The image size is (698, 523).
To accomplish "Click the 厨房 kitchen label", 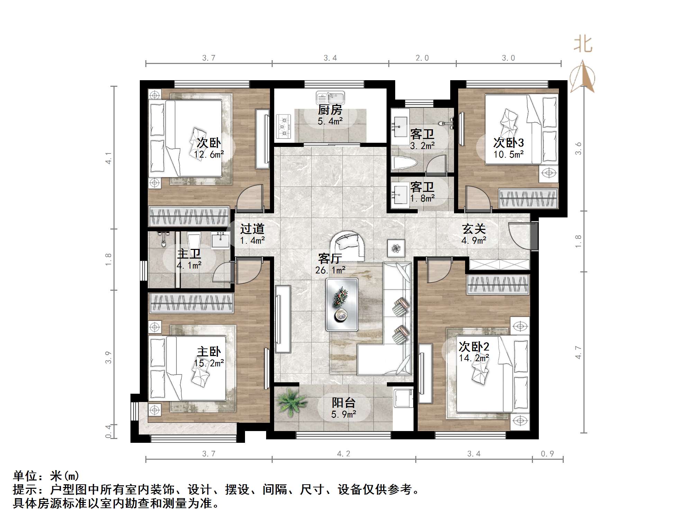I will click(x=330, y=110).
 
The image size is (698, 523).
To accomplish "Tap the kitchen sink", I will click(x=330, y=97).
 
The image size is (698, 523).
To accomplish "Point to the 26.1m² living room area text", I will click(x=330, y=270).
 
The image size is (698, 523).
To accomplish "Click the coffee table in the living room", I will click(x=342, y=304).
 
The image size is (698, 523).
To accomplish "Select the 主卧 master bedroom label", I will click(x=209, y=352).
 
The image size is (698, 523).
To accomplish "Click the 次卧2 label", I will click(x=474, y=346).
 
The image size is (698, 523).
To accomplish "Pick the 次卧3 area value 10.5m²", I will click(x=508, y=154).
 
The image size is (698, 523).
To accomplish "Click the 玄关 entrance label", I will click(x=474, y=229).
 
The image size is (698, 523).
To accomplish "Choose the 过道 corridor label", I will click(x=252, y=229).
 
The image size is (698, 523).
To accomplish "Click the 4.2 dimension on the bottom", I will click(x=343, y=454).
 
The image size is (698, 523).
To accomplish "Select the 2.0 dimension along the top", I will click(x=422, y=58).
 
